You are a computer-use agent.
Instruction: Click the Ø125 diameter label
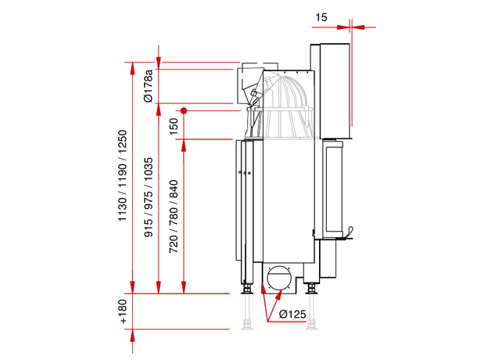(x=291, y=315)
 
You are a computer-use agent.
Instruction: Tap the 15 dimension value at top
(x=322, y=16)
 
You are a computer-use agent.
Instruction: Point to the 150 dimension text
(x=174, y=125)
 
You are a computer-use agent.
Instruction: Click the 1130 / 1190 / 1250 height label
(x=123, y=176)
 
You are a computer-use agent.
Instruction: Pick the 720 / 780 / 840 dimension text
(x=174, y=216)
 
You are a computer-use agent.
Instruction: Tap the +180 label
(x=123, y=311)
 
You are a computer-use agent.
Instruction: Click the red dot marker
(x=184, y=110)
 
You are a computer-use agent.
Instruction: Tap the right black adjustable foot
(x=314, y=289)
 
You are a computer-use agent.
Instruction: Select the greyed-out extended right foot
(x=314, y=313)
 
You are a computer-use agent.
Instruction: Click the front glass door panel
(x=332, y=192)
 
